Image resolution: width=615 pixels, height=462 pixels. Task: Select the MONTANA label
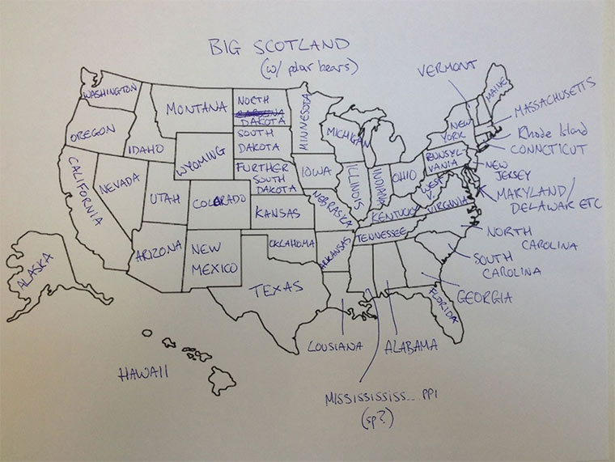196,108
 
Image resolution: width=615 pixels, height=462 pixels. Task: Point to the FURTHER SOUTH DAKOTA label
261,177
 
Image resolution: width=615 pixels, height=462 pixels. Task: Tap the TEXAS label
275,287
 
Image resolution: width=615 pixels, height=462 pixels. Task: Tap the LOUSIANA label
333,347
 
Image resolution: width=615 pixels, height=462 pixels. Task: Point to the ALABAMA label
410,347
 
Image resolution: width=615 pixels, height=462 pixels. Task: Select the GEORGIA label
484,298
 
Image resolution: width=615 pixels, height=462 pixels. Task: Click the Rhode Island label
552,131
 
